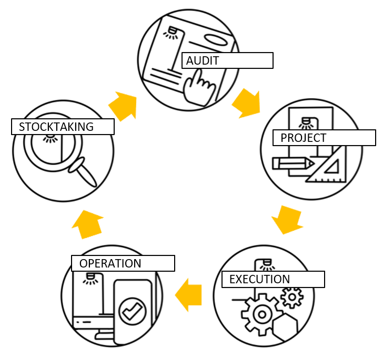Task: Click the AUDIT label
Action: coord(227,60)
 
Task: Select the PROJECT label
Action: coord(324,138)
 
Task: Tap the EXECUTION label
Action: coord(273,279)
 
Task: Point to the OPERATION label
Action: coord(123,263)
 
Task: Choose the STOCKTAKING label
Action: coord(63,127)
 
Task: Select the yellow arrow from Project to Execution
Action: coord(287,219)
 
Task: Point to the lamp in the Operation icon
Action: coord(89,277)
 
